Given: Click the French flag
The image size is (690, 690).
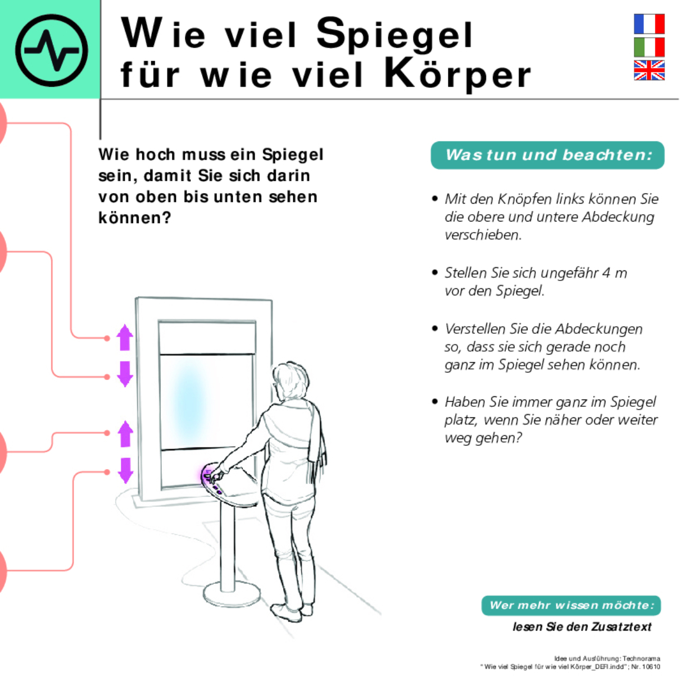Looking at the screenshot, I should tap(649, 24).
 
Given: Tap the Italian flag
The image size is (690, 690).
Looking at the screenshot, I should tap(649, 47).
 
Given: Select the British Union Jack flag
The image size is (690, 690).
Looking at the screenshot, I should tap(649, 71).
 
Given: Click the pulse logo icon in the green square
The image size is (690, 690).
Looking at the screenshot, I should tap(51, 50).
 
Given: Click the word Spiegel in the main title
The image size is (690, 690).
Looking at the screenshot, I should tap(395, 34).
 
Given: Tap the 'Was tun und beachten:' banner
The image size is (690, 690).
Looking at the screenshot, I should tap(548, 155).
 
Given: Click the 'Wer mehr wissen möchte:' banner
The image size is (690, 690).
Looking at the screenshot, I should tap(571, 605).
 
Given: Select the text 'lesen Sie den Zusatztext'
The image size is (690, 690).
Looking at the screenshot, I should tap(581, 627).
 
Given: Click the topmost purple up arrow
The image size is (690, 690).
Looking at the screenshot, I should tap(125, 337).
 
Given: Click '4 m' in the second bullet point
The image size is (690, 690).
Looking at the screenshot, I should tap(614, 273).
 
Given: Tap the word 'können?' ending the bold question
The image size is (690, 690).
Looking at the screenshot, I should tap(134, 218).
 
